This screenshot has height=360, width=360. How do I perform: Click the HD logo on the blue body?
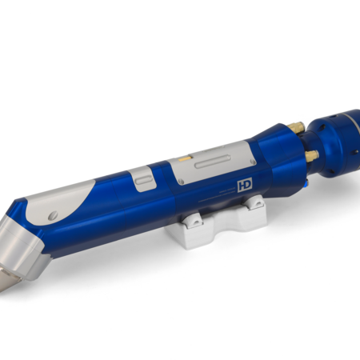pos(245,186)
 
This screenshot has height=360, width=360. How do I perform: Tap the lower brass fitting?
pos(312,156)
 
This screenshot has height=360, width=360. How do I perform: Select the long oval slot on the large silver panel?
pos(213,162)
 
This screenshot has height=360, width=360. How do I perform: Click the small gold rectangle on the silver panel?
pos(185,159)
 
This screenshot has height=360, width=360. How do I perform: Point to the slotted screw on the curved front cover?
pos(53,215)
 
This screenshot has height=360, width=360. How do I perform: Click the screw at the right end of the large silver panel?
pos(252,162)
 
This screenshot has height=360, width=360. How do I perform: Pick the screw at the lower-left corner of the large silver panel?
pos(181,182)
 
